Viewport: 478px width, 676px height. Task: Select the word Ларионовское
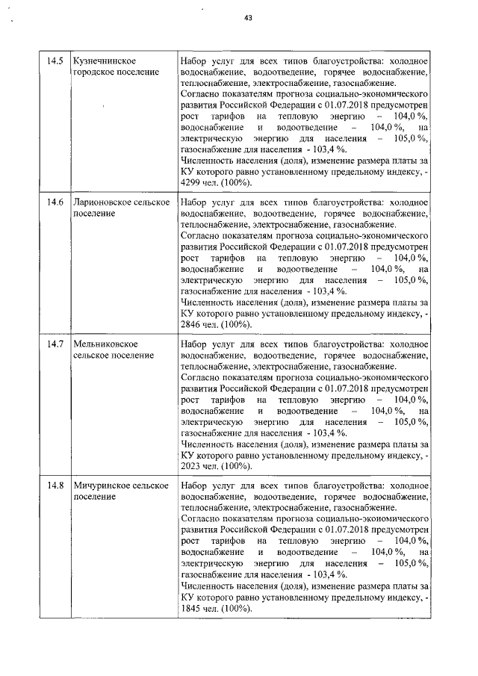coord(101,202)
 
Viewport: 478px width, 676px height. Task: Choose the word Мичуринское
coord(101,486)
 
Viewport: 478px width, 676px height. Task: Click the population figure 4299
coord(192,183)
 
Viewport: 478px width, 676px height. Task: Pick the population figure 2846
coord(192,325)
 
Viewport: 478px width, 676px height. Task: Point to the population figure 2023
coord(192,467)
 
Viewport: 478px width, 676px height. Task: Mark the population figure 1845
coord(192,609)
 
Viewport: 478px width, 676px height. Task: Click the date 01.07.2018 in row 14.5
coord(352,107)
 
